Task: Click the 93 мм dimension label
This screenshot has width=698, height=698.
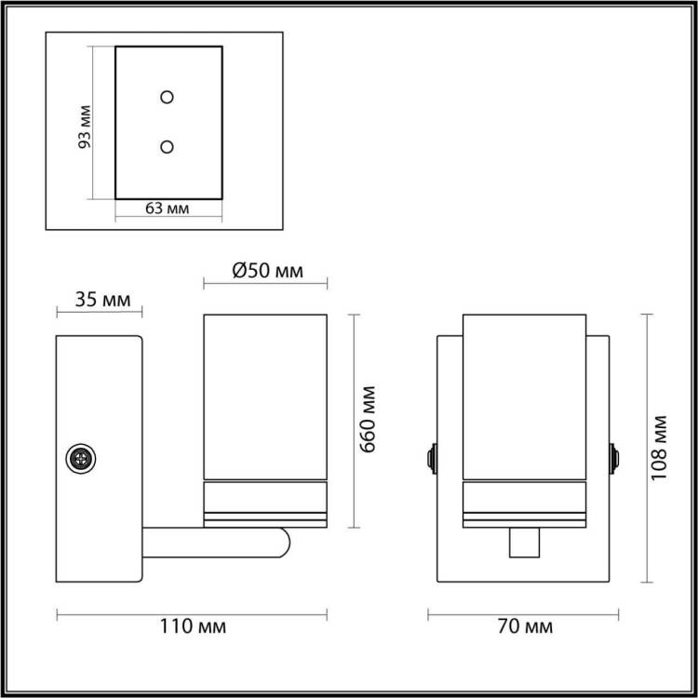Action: click(84, 127)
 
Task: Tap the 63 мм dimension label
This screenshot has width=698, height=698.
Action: click(168, 208)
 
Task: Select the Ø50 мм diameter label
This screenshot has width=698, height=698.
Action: click(267, 270)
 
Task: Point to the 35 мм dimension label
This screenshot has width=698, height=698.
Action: click(102, 300)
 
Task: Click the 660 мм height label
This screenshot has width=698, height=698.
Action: click(368, 420)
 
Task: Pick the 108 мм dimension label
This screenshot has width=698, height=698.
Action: click(659, 448)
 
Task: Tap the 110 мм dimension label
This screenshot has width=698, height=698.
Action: click(193, 626)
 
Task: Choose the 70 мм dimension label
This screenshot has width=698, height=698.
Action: click(525, 626)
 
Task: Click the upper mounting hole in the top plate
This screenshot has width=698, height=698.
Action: click(167, 97)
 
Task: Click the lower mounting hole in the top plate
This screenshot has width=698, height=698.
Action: click(167, 147)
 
